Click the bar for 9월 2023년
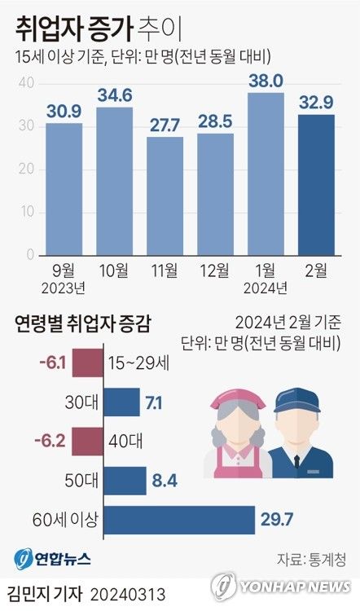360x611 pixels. pos(64,189)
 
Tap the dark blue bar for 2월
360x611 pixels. pos(316,185)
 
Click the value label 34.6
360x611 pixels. pos(114,95)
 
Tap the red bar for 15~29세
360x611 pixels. pos(87,363)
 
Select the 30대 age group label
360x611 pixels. pos(83,402)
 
